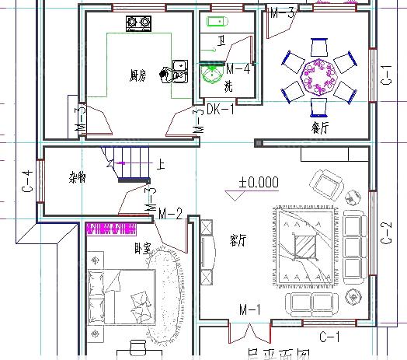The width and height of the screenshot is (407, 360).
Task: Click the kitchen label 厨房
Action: point(137,75)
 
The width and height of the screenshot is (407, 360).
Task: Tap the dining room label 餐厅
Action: point(320,126)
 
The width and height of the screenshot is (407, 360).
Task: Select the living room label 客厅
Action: point(238,239)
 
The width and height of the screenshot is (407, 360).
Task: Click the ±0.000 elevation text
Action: point(258,183)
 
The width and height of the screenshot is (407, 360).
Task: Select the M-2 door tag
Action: point(170,213)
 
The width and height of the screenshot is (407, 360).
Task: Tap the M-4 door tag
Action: point(238,68)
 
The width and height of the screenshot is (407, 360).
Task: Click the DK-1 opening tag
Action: point(221,110)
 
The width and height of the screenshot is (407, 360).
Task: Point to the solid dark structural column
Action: point(258,143)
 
